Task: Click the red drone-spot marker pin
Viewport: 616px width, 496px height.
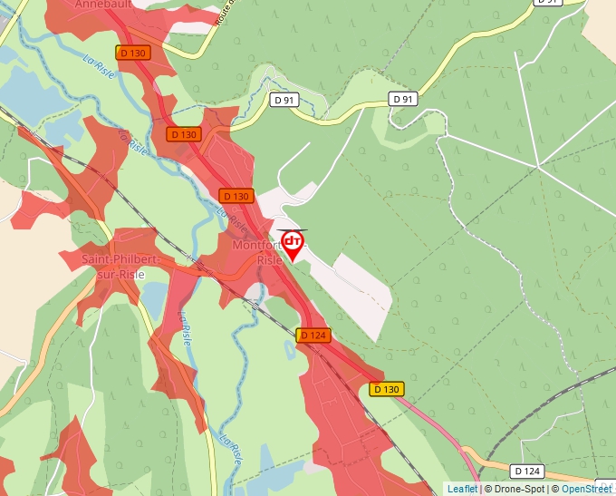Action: pyautogui.click(x=293, y=244)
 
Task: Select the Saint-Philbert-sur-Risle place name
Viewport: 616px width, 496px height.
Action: pyautogui.click(x=120, y=267)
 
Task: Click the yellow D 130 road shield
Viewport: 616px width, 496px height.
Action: pyautogui.click(x=386, y=389)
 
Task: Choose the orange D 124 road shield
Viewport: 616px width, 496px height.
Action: pyautogui.click(x=313, y=336)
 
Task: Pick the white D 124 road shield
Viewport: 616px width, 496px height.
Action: pyautogui.click(x=526, y=471)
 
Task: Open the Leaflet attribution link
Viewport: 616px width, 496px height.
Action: pyautogui.click(x=462, y=489)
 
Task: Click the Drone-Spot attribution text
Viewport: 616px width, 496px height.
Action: pyautogui.click(x=515, y=489)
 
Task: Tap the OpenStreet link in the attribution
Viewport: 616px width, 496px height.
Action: pyautogui.click(x=586, y=489)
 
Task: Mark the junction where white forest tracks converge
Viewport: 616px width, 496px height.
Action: pyautogui.click(x=538, y=166)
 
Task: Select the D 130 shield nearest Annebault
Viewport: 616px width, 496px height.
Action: pyautogui.click(x=131, y=53)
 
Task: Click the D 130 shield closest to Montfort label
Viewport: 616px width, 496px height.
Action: pyautogui.click(x=236, y=196)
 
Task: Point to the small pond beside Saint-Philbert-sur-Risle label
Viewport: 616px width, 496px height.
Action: pyautogui.click(x=154, y=296)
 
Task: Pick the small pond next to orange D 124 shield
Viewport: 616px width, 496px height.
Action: pyautogui.click(x=289, y=347)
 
